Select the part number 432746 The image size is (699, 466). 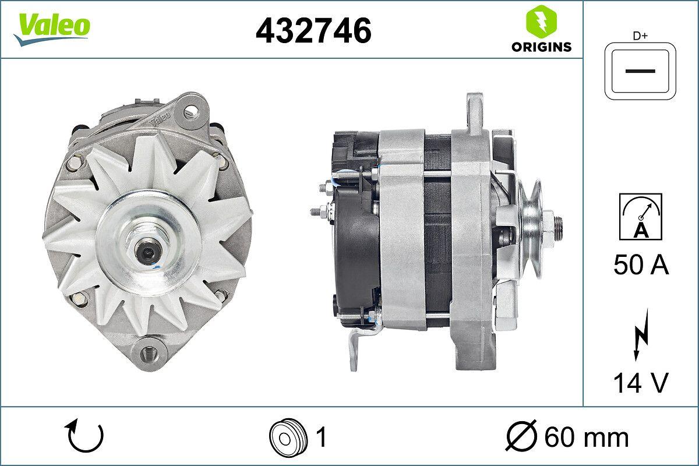pos(313,30)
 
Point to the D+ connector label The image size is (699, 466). pos(641,36)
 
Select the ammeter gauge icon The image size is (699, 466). pos(641,217)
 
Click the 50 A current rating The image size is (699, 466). pos(641,266)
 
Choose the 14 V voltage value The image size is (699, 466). pos(641,383)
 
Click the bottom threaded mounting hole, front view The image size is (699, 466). pos(147,352)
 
